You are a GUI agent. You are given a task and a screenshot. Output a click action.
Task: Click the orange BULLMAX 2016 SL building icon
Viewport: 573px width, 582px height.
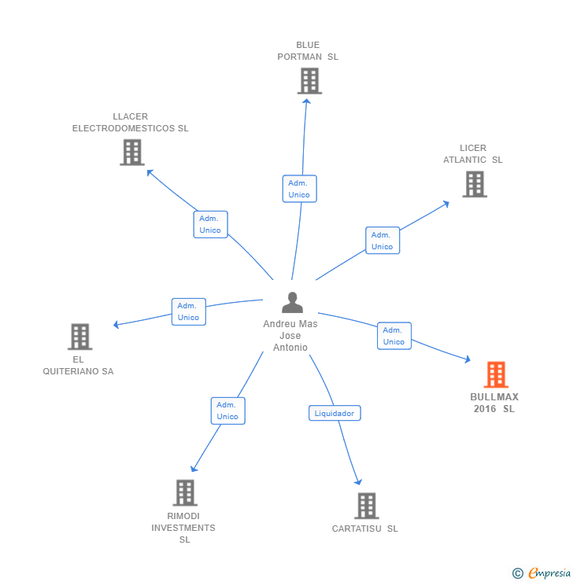click(x=495, y=375)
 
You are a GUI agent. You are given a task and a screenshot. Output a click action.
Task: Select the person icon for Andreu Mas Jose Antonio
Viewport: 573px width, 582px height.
click(x=292, y=303)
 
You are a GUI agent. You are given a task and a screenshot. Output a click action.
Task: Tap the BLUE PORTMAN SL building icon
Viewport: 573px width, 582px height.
click(x=309, y=80)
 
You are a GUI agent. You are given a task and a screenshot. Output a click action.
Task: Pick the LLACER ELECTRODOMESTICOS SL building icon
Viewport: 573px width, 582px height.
click(x=132, y=152)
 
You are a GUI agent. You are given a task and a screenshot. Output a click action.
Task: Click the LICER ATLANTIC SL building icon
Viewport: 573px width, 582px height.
click(x=474, y=183)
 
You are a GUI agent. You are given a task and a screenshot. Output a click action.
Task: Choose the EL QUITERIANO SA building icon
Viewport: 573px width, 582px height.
click(x=79, y=337)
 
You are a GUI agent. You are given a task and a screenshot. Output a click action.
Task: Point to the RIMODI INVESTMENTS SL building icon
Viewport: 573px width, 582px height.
click(x=185, y=492)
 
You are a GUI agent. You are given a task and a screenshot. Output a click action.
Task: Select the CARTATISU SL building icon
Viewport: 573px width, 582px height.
click(x=366, y=506)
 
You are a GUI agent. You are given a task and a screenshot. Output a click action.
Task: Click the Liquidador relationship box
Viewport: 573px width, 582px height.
click(x=335, y=413)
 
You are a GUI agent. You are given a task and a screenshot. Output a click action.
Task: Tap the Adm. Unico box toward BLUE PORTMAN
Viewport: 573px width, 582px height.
click(x=299, y=189)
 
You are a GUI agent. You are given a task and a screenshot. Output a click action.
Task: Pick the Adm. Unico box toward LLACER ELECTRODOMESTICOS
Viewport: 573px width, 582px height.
click(x=210, y=224)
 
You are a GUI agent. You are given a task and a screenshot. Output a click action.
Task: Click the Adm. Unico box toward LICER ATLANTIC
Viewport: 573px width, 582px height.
click(x=382, y=240)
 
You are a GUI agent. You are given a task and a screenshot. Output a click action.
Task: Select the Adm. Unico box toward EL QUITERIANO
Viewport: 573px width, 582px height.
click(x=188, y=311)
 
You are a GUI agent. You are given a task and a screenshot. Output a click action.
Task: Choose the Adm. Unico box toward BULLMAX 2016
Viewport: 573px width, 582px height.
click(x=394, y=336)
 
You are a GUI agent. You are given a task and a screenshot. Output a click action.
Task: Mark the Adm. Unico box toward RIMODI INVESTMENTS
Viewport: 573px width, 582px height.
click(x=227, y=411)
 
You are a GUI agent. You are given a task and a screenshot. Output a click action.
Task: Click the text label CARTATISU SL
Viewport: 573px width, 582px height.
click(x=365, y=529)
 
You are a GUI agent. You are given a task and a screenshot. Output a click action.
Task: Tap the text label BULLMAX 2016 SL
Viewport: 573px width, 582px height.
click(x=494, y=403)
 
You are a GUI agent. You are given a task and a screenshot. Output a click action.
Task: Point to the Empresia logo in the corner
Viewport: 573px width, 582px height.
click(x=549, y=573)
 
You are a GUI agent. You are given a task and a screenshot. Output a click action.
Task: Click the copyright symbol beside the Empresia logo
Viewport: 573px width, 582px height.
click(x=518, y=573)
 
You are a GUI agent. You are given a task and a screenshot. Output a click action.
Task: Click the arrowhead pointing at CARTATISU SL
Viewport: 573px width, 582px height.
click(x=359, y=481)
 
